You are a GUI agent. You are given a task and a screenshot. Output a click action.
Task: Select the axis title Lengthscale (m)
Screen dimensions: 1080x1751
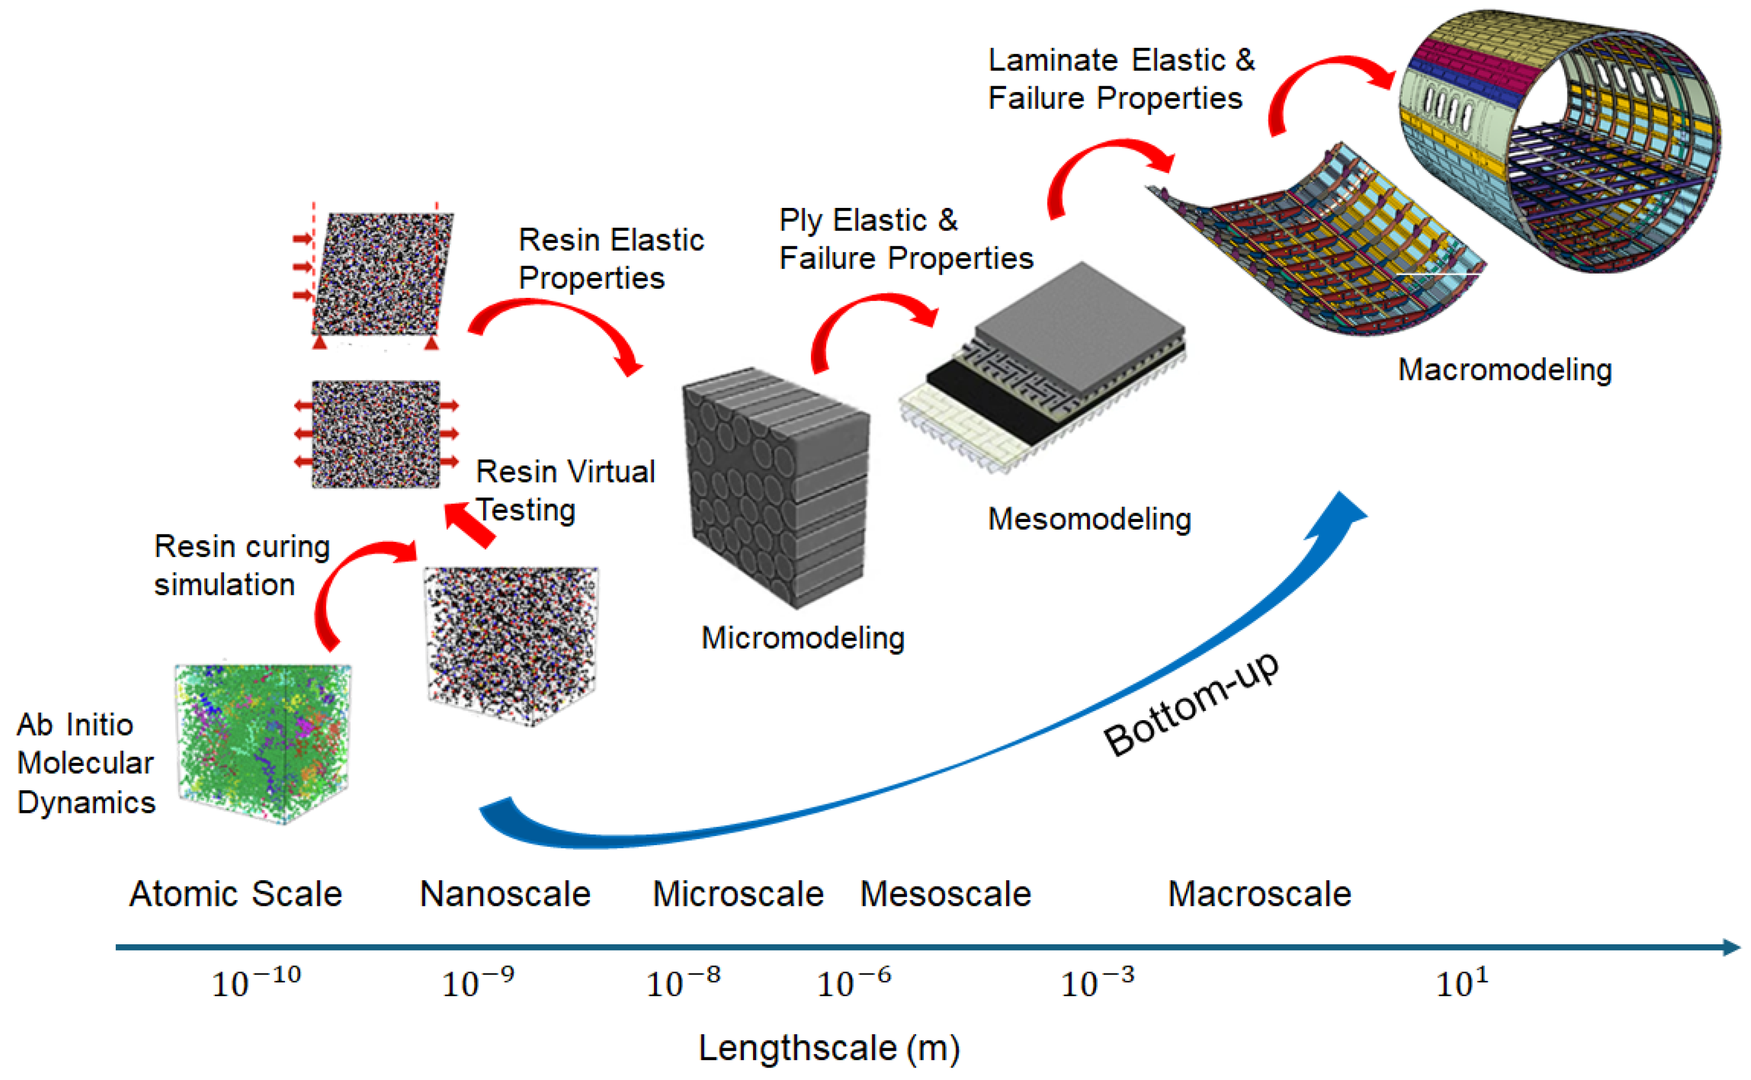(828, 1048)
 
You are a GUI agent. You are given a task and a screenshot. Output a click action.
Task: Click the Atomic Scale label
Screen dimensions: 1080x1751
(236, 894)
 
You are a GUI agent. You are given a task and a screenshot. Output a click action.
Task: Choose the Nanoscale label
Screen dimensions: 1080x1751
(505, 894)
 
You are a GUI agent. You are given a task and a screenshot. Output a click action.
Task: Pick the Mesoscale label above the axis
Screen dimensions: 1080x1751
(945, 894)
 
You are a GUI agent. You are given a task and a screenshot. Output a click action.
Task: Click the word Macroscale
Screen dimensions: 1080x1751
(1259, 894)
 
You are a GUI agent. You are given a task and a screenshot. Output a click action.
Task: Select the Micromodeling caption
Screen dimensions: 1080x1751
(803, 637)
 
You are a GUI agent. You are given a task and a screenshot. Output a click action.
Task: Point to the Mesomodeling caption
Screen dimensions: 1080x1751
(1089, 519)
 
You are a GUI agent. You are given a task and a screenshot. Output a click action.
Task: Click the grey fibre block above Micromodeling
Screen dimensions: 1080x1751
(775, 486)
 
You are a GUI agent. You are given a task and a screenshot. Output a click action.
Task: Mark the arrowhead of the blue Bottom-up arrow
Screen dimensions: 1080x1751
(1339, 511)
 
